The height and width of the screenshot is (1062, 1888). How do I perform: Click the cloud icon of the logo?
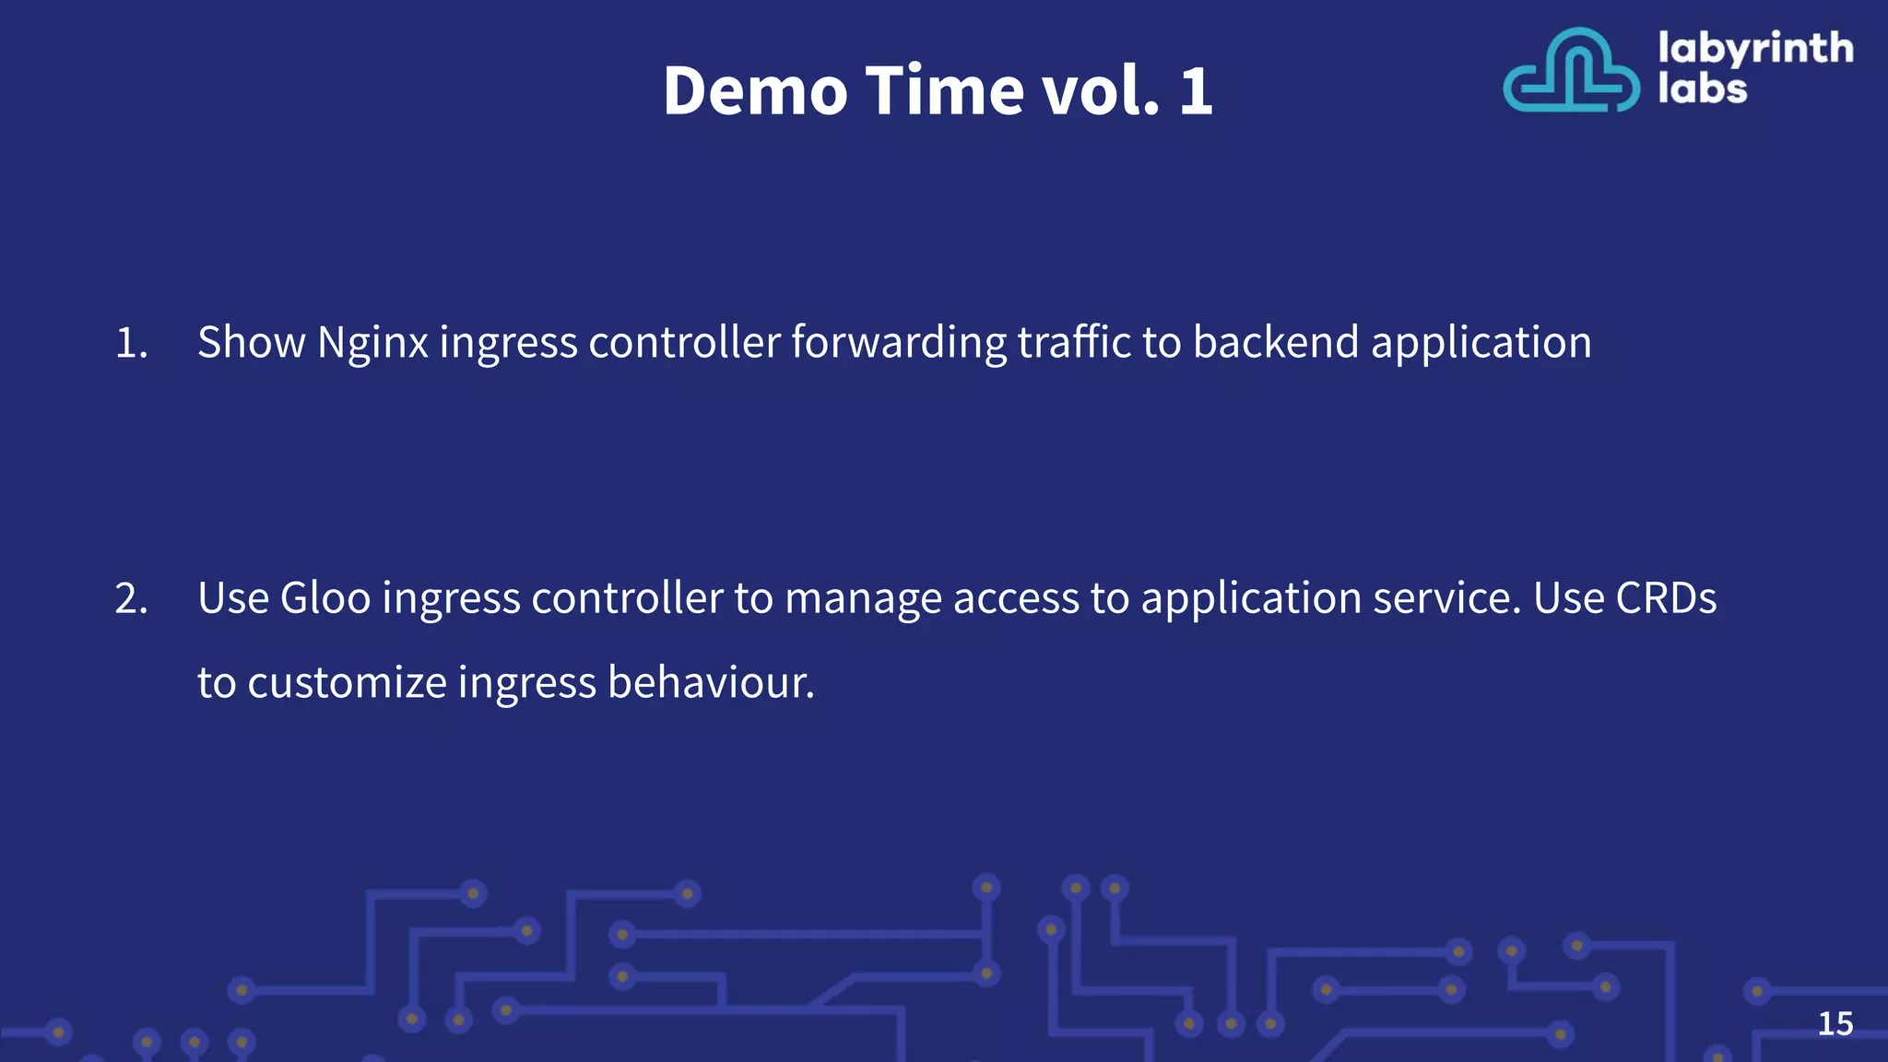pos(1571,72)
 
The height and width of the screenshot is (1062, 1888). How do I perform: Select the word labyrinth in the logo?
pos(1755,48)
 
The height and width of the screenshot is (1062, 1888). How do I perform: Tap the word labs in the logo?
pos(1702,89)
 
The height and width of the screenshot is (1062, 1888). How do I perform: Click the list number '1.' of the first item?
pos(131,343)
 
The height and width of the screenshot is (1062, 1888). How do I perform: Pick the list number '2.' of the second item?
pos(131,598)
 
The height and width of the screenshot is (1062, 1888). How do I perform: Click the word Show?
pos(251,342)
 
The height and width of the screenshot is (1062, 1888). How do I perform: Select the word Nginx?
pos(372,343)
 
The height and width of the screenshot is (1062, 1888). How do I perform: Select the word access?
pos(1015,599)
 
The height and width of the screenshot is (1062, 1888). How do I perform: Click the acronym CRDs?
pos(1666,598)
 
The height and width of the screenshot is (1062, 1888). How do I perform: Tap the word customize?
pos(347,683)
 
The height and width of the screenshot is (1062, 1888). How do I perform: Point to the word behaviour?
pos(711,683)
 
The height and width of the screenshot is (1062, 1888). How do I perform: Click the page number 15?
pos(1835,1023)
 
